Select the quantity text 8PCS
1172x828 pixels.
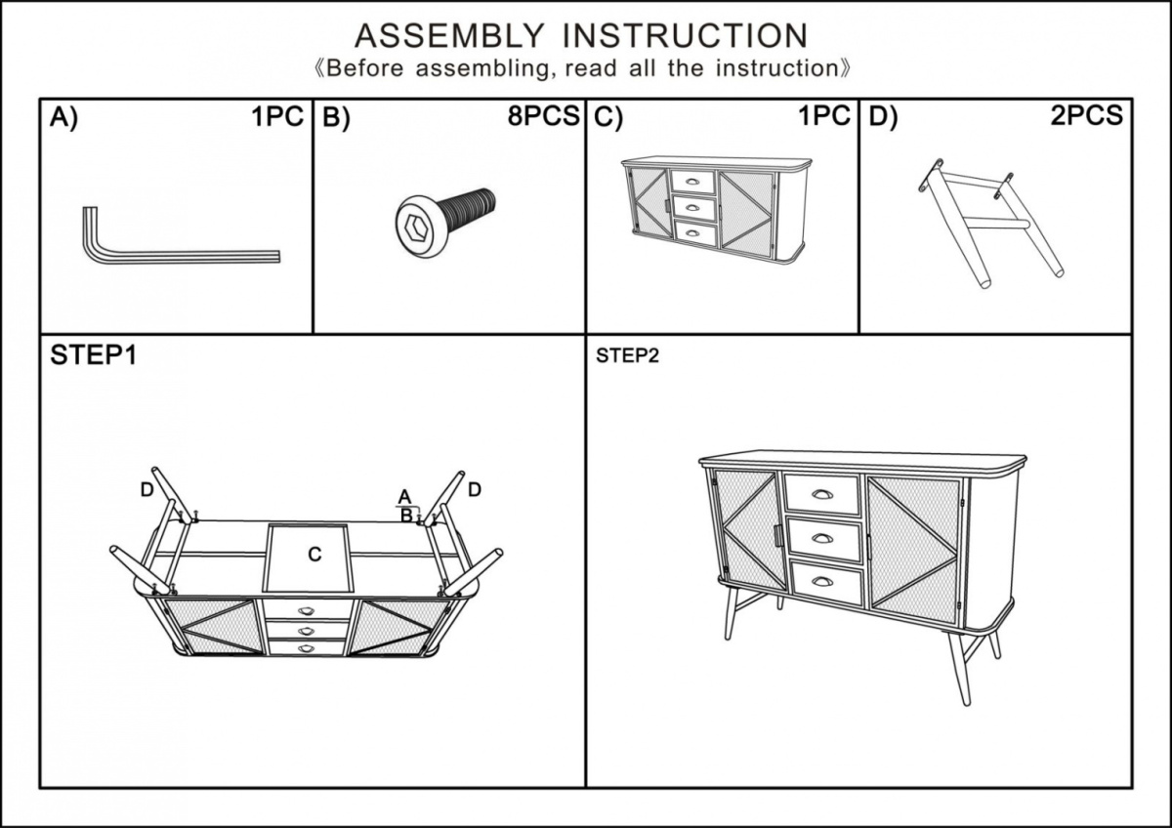543,117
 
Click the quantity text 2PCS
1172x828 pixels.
1086,117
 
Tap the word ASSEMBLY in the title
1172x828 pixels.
448,36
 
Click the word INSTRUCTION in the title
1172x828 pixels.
686,36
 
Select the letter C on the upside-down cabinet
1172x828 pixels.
314,555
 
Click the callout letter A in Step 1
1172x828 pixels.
404,496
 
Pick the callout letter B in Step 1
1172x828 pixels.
405,515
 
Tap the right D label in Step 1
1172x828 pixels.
474,489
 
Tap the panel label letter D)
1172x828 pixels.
883,118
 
